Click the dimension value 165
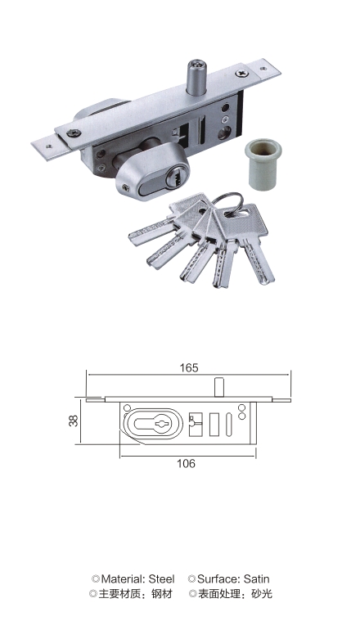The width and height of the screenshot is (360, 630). pos(189,367)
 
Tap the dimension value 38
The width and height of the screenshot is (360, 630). pos(74,421)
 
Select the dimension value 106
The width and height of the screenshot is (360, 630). pos(186,464)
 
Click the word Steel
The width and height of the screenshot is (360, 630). pos(161,579)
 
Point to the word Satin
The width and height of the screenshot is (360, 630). pos(256,579)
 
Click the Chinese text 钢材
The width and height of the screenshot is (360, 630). pos(162,593)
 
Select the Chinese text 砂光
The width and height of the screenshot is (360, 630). pos(262,593)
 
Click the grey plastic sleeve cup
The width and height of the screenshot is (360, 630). pos(263,164)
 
